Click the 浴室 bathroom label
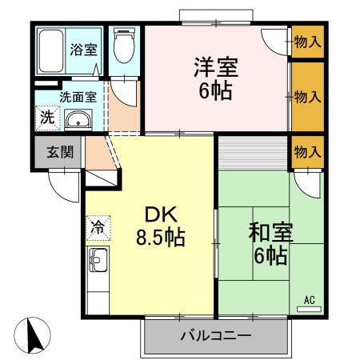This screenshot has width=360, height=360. click(x=83, y=48)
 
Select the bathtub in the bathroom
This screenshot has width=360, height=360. click(x=52, y=52)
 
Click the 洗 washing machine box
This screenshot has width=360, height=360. click(x=47, y=117)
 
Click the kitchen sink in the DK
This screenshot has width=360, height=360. click(x=98, y=262)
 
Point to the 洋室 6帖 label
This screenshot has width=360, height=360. click(x=214, y=78)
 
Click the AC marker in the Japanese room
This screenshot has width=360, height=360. click(x=309, y=300)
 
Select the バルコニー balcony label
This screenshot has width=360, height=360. click(x=216, y=334)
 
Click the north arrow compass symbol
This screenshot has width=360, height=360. click(x=32, y=334)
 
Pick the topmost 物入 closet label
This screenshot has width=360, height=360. click(x=307, y=41)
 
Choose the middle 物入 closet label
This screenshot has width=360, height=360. click(x=307, y=96)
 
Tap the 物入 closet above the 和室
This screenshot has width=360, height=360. click(x=307, y=150)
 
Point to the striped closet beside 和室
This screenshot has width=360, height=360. click(x=251, y=153)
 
